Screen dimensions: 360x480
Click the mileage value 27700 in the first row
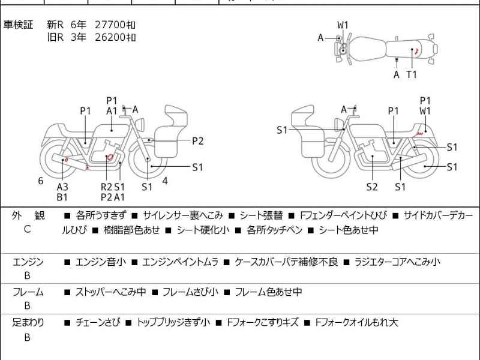pos(110,25)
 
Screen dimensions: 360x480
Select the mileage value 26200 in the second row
pos(110,37)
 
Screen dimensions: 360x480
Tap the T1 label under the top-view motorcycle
pos(412,74)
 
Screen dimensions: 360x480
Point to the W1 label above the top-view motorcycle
pos(343,25)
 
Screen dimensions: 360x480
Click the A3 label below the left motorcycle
pos(62,187)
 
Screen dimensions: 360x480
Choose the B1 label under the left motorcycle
pos(62,197)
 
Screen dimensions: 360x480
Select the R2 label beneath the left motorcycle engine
pos(106,187)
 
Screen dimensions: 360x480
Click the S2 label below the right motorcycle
pos(372,187)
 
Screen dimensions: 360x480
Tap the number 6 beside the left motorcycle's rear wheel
pos(41,181)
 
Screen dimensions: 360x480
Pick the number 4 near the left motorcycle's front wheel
pos(164,181)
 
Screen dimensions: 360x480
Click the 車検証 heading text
pos(18,25)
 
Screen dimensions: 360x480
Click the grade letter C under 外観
pos(27,229)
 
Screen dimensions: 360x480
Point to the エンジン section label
pos(28,262)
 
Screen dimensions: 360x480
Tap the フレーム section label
pos(28,292)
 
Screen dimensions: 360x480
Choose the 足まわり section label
pos(28,323)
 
